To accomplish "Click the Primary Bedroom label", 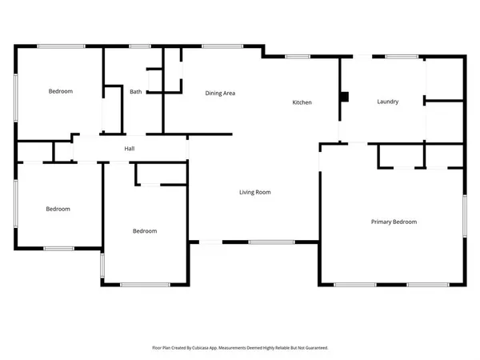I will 393,222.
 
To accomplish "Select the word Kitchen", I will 302,103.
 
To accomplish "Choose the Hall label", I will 129,150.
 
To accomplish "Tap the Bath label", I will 136,92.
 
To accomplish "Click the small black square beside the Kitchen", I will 344,97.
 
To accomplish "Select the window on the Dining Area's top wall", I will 212,46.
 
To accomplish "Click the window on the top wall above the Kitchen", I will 298,57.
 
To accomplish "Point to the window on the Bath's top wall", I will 140,46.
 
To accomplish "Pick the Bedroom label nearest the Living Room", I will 144,231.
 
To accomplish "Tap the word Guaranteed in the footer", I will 313,348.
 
